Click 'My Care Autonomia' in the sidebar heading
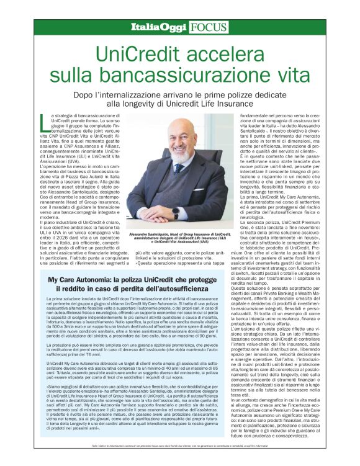tap(93, 263)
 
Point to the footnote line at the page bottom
tap(180, 454)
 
